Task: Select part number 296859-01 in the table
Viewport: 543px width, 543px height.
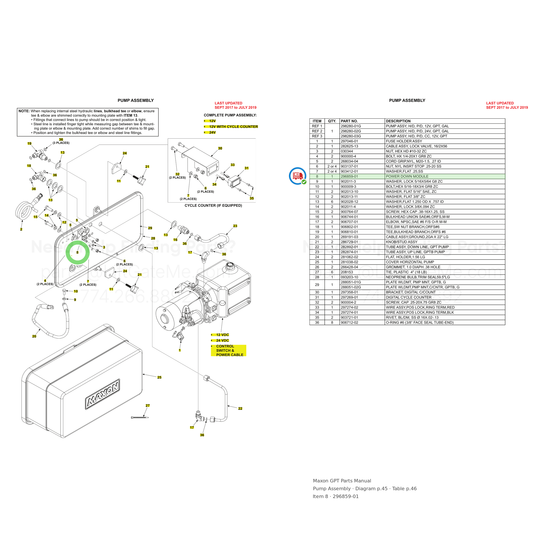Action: tap(349, 177)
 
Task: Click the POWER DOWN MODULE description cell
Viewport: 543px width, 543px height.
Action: tap(407, 177)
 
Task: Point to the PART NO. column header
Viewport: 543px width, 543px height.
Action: tap(349, 121)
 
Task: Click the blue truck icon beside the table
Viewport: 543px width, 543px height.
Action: tap(298, 176)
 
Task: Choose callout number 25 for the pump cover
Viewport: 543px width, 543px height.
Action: tap(159, 377)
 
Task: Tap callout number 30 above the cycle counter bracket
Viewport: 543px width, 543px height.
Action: tap(220, 148)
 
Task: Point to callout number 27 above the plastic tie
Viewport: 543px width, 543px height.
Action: tap(147, 405)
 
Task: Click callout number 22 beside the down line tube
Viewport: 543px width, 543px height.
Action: tap(240, 408)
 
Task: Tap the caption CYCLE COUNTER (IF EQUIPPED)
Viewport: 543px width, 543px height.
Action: tap(213, 205)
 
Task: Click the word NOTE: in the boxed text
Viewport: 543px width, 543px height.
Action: tap(24, 111)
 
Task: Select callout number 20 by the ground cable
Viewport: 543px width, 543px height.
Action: tap(34, 336)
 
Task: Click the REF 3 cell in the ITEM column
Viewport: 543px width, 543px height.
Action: tap(317, 136)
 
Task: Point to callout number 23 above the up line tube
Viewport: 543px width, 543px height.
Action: tap(235, 226)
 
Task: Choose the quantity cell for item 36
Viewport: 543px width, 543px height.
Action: tap(332, 323)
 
